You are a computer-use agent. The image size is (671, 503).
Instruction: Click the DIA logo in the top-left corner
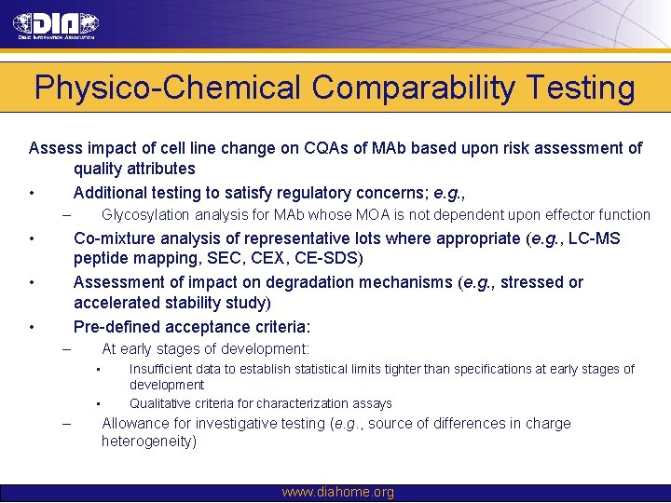[x=57, y=26]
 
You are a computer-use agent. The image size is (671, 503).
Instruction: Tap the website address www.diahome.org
[x=337, y=492]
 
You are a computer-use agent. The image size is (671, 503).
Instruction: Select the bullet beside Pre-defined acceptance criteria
[x=32, y=327]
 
